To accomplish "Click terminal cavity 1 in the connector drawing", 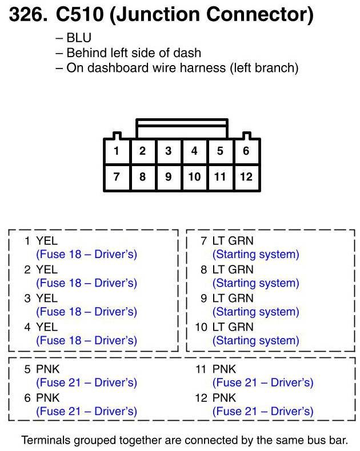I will point(117,151).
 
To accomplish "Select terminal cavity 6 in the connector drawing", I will point(246,151).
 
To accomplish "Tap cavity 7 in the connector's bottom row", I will point(117,176).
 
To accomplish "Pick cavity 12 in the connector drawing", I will point(246,176).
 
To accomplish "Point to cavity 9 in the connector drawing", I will point(169,176).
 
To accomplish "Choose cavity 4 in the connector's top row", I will point(194,151).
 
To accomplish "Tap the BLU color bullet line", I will point(75,38).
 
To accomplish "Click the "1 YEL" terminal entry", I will point(41,241).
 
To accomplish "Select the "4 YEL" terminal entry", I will point(41,327).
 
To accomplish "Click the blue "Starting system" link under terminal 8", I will point(255,283).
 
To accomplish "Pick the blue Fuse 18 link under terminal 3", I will point(86,312).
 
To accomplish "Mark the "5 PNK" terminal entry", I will point(42,369).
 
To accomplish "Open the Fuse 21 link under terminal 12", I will point(263,411).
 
